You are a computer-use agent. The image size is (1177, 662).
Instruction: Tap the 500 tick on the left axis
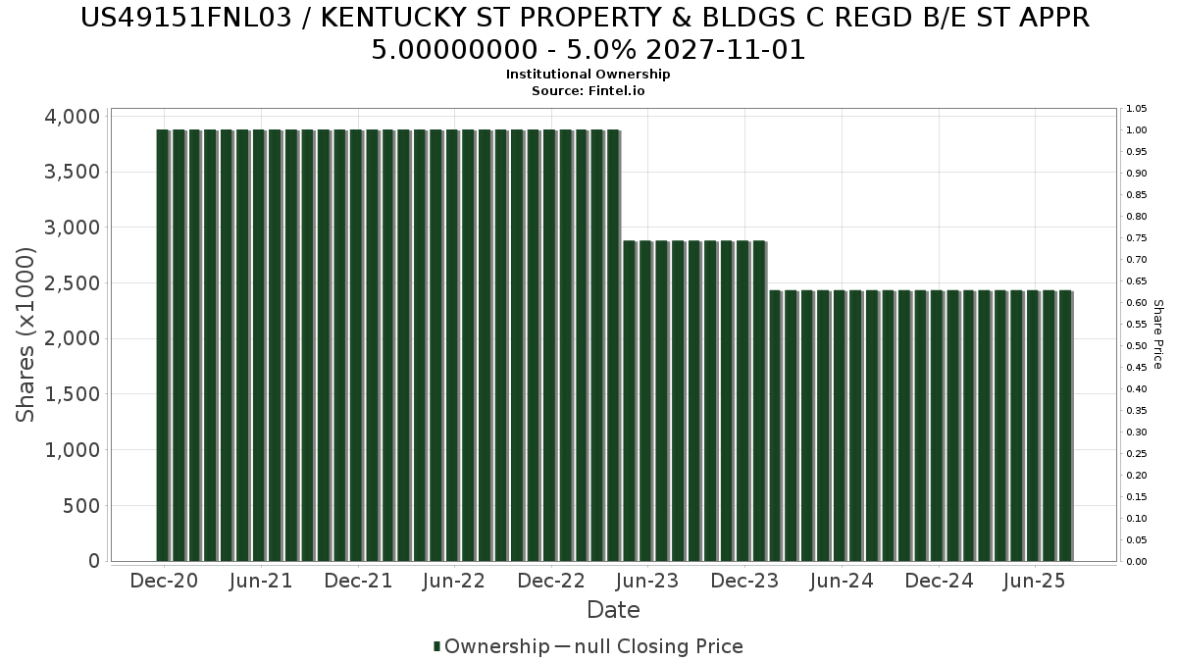(x=82, y=506)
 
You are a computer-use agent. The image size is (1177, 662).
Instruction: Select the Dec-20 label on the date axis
(x=164, y=581)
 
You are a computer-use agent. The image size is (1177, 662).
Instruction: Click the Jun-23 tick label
(x=646, y=581)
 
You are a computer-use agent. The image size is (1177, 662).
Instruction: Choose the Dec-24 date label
(x=938, y=581)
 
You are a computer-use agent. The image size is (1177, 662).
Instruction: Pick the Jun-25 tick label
(x=1034, y=581)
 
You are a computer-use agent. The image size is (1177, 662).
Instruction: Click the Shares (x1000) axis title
(x=26, y=334)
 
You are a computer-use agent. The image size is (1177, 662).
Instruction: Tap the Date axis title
(x=613, y=610)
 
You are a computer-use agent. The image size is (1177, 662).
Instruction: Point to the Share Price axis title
(x=1158, y=334)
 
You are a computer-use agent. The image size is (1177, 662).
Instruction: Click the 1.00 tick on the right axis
(x=1137, y=130)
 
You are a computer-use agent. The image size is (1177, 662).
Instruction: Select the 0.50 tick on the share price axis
(x=1137, y=346)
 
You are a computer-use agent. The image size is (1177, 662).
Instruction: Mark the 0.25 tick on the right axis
(x=1137, y=454)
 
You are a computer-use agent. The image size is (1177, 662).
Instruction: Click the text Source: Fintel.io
(x=588, y=90)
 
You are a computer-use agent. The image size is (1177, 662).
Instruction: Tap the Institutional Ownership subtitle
(x=588, y=75)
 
